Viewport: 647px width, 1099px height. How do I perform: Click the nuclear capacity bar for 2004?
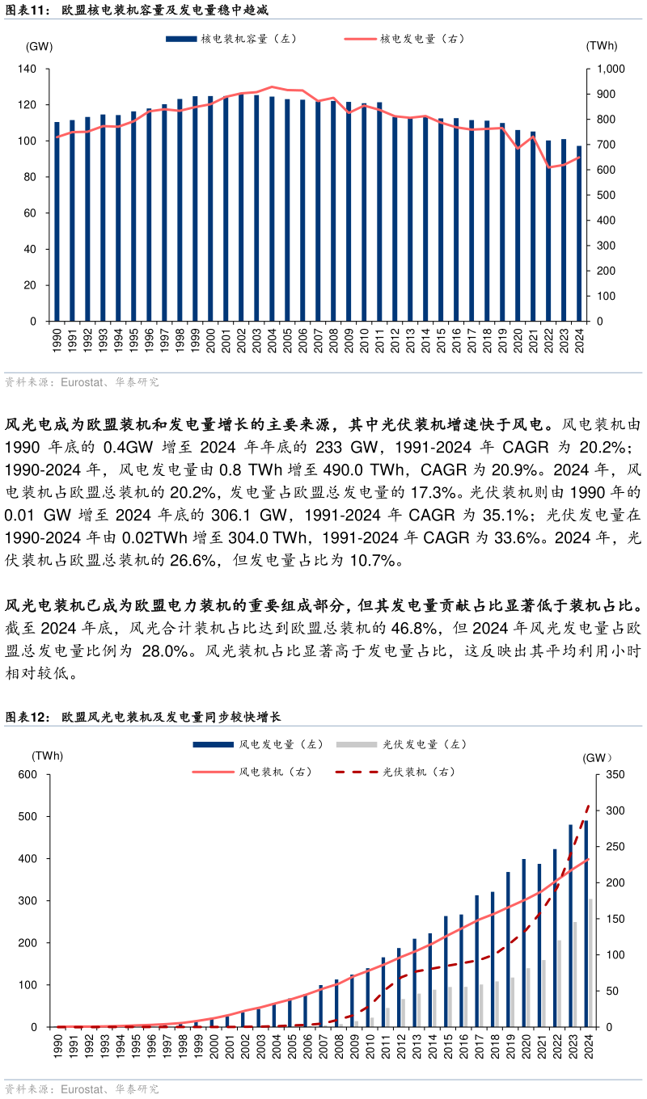coord(272,209)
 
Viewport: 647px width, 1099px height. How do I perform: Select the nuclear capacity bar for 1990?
coord(57,221)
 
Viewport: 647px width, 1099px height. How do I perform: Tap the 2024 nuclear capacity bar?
coord(579,234)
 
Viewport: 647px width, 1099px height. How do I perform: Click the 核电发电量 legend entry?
coord(404,39)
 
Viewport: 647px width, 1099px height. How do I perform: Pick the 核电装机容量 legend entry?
coord(231,39)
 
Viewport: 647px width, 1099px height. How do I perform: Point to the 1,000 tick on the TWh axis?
coord(611,69)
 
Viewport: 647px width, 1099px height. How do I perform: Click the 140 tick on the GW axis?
coord(27,69)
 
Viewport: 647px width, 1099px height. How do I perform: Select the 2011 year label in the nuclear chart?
coord(379,340)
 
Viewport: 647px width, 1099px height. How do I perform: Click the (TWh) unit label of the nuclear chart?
coord(602,45)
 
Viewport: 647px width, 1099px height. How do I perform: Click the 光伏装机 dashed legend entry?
coord(395,772)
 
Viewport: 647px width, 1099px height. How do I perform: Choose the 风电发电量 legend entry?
coord(258,744)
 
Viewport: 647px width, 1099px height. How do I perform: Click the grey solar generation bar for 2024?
coord(590,962)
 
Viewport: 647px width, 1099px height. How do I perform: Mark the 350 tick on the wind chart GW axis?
coord(615,774)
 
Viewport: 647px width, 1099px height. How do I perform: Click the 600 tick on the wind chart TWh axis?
coord(27,774)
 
